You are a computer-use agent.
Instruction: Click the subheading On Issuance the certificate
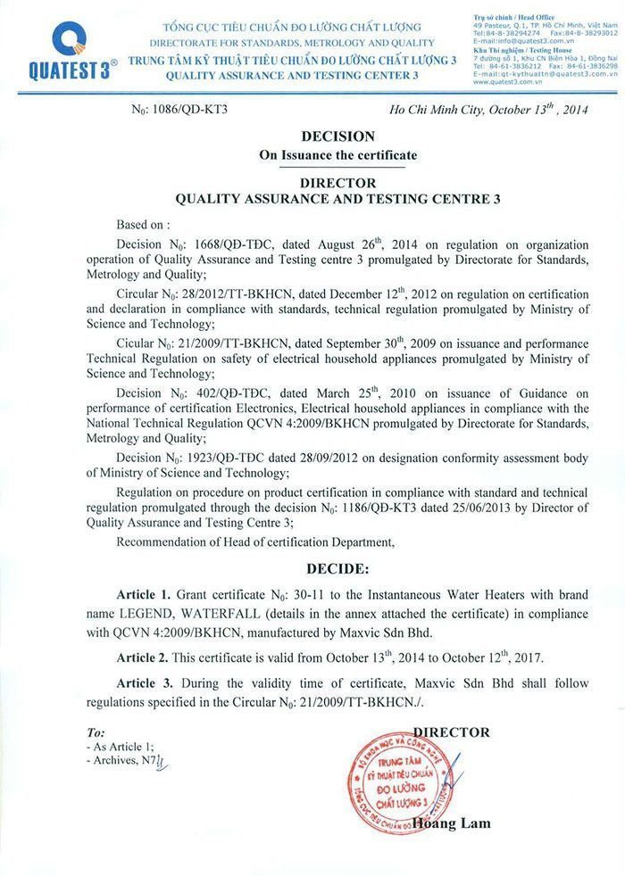pyautogui.click(x=337, y=155)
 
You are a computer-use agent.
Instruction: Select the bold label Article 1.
pyautogui.click(x=144, y=594)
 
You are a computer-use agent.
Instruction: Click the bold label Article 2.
pyautogui.click(x=144, y=657)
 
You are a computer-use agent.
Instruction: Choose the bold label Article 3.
pyautogui.click(x=144, y=683)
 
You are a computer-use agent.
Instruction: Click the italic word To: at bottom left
pyautogui.click(x=96, y=731)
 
